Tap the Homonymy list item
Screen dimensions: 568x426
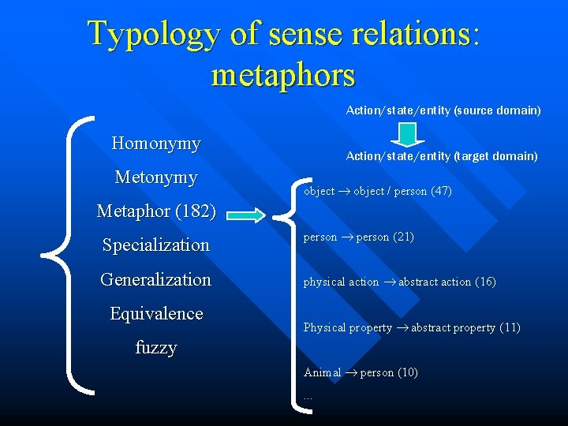point(156,144)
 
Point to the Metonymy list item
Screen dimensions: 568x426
point(156,177)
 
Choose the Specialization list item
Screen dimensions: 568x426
point(156,245)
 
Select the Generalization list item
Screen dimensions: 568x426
point(156,279)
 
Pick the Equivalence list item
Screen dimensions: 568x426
point(156,313)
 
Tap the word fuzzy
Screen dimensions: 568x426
point(156,347)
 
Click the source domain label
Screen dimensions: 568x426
point(443,110)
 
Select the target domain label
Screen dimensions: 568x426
point(442,156)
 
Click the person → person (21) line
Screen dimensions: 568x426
point(359,237)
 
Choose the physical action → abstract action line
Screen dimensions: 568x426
point(400,282)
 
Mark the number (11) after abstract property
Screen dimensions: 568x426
point(510,327)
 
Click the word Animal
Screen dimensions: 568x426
point(323,372)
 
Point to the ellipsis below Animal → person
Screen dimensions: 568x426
point(308,397)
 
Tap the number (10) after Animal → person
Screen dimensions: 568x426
point(408,372)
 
